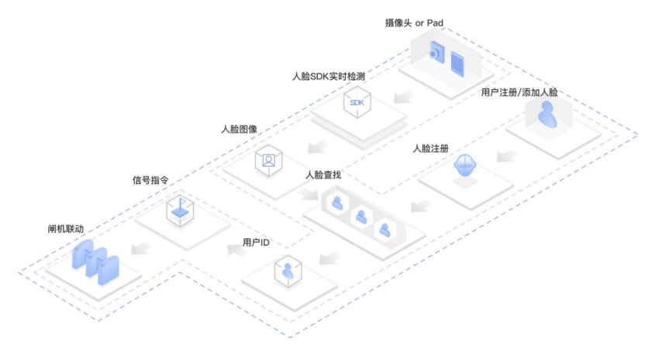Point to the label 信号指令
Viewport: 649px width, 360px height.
[150, 180]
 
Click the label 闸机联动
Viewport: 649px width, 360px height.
[65, 230]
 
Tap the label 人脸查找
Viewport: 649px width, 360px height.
[323, 175]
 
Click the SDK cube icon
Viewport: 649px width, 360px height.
[357, 103]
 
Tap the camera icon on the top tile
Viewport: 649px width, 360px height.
[437, 54]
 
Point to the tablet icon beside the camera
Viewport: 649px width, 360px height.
[457, 61]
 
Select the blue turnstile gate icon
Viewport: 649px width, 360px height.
[95, 260]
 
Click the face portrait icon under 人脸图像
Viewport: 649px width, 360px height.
[268, 161]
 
